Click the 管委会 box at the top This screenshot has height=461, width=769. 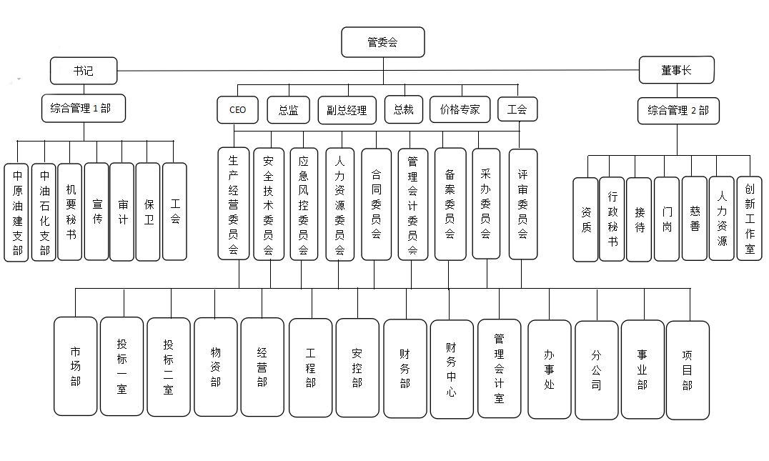click(x=383, y=42)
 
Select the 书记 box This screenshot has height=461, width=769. click(x=83, y=71)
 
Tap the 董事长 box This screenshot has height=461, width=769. click(x=675, y=71)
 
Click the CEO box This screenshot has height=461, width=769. click(x=237, y=110)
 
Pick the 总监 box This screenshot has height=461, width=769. click(x=288, y=110)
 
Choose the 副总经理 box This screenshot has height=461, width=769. click(x=346, y=110)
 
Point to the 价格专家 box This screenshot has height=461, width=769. click(x=460, y=110)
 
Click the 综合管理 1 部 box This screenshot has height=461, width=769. click(x=84, y=109)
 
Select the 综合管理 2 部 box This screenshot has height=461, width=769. click(x=678, y=110)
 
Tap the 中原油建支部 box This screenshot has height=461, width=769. click(x=16, y=212)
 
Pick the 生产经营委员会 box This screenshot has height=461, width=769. click(x=234, y=203)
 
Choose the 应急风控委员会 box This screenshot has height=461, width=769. click(x=304, y=204)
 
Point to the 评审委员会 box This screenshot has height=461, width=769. click(x=522, y=203)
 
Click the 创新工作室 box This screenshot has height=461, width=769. click(x=749, y=218)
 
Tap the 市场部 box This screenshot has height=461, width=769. click(x=75, y=366)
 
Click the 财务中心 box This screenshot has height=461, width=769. click(x=451, y=369)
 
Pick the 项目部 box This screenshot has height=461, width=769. click(x=688, y=370)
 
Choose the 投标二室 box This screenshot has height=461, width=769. click(x=168, y=367)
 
